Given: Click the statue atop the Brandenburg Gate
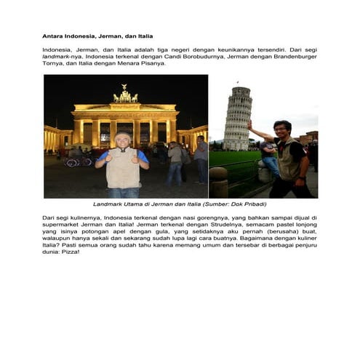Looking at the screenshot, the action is pyautogui.click(x=125, y=95).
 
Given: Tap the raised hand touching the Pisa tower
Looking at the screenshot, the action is pyautogui.click(x=249, y=125).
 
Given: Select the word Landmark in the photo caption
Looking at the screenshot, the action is pyautogui.click(x=108, y=204).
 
